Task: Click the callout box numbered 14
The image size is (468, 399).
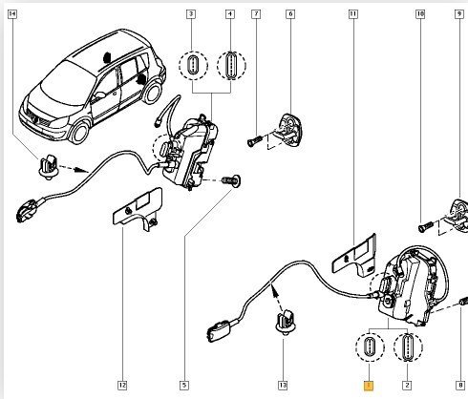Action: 12,14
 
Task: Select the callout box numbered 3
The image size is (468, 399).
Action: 191,14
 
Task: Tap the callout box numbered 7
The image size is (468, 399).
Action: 256,14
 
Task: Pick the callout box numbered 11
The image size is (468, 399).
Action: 352,14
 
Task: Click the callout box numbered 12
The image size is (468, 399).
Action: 122,386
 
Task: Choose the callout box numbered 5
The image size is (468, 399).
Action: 184,386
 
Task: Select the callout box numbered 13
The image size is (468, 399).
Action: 283,386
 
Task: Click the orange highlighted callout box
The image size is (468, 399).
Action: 369,386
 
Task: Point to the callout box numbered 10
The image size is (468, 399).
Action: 420,14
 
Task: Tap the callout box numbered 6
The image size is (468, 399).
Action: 290,14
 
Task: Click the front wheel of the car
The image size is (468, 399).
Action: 78,132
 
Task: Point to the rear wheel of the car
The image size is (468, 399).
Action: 152,93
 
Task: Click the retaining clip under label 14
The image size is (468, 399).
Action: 49,167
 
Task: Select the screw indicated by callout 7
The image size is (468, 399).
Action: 254,140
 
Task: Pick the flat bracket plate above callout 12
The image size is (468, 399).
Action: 138,208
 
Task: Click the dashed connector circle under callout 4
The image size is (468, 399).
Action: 231,65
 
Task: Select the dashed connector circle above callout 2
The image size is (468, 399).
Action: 408,346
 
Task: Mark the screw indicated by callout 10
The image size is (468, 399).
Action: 425,226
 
